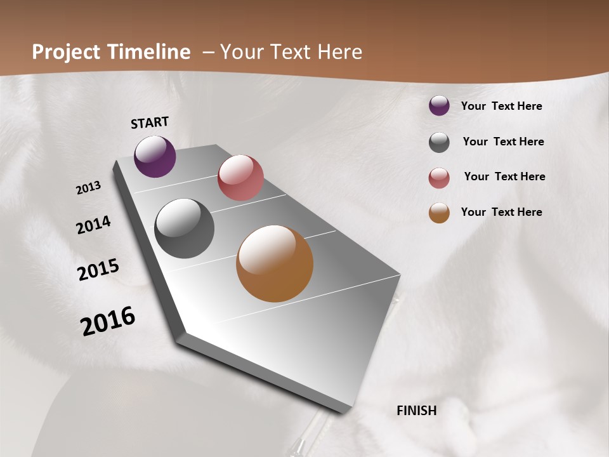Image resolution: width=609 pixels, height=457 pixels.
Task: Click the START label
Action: tap(150, 123)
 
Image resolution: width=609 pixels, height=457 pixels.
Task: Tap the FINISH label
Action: tap(417, 411)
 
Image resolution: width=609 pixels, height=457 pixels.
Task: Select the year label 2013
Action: tap(89, 188)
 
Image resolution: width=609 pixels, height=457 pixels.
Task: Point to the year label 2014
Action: tap(94, 225)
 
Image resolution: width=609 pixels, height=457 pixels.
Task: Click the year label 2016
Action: tap(108, 321)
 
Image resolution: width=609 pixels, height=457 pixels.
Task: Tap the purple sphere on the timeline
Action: tap(155, 156)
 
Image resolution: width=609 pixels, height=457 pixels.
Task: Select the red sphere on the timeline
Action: tap(240, 178)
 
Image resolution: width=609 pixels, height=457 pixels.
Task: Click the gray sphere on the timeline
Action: tap(184, 228)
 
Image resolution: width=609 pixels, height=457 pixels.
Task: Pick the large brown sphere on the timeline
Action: tap(275, 263)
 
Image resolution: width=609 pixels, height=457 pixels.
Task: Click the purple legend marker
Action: tap(439, 106)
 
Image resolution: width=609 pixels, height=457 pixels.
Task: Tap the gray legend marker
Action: tap(439, 142)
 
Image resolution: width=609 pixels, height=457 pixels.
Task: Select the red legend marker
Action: tap(439, 178)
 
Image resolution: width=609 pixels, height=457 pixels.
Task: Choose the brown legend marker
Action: tap(439, 213)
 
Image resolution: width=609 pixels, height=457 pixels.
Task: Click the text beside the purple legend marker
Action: tap(501, 107)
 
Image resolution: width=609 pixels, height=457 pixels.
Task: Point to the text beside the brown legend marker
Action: tap(501, 212)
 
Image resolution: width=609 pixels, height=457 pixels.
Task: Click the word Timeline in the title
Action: tap(148, 52)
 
